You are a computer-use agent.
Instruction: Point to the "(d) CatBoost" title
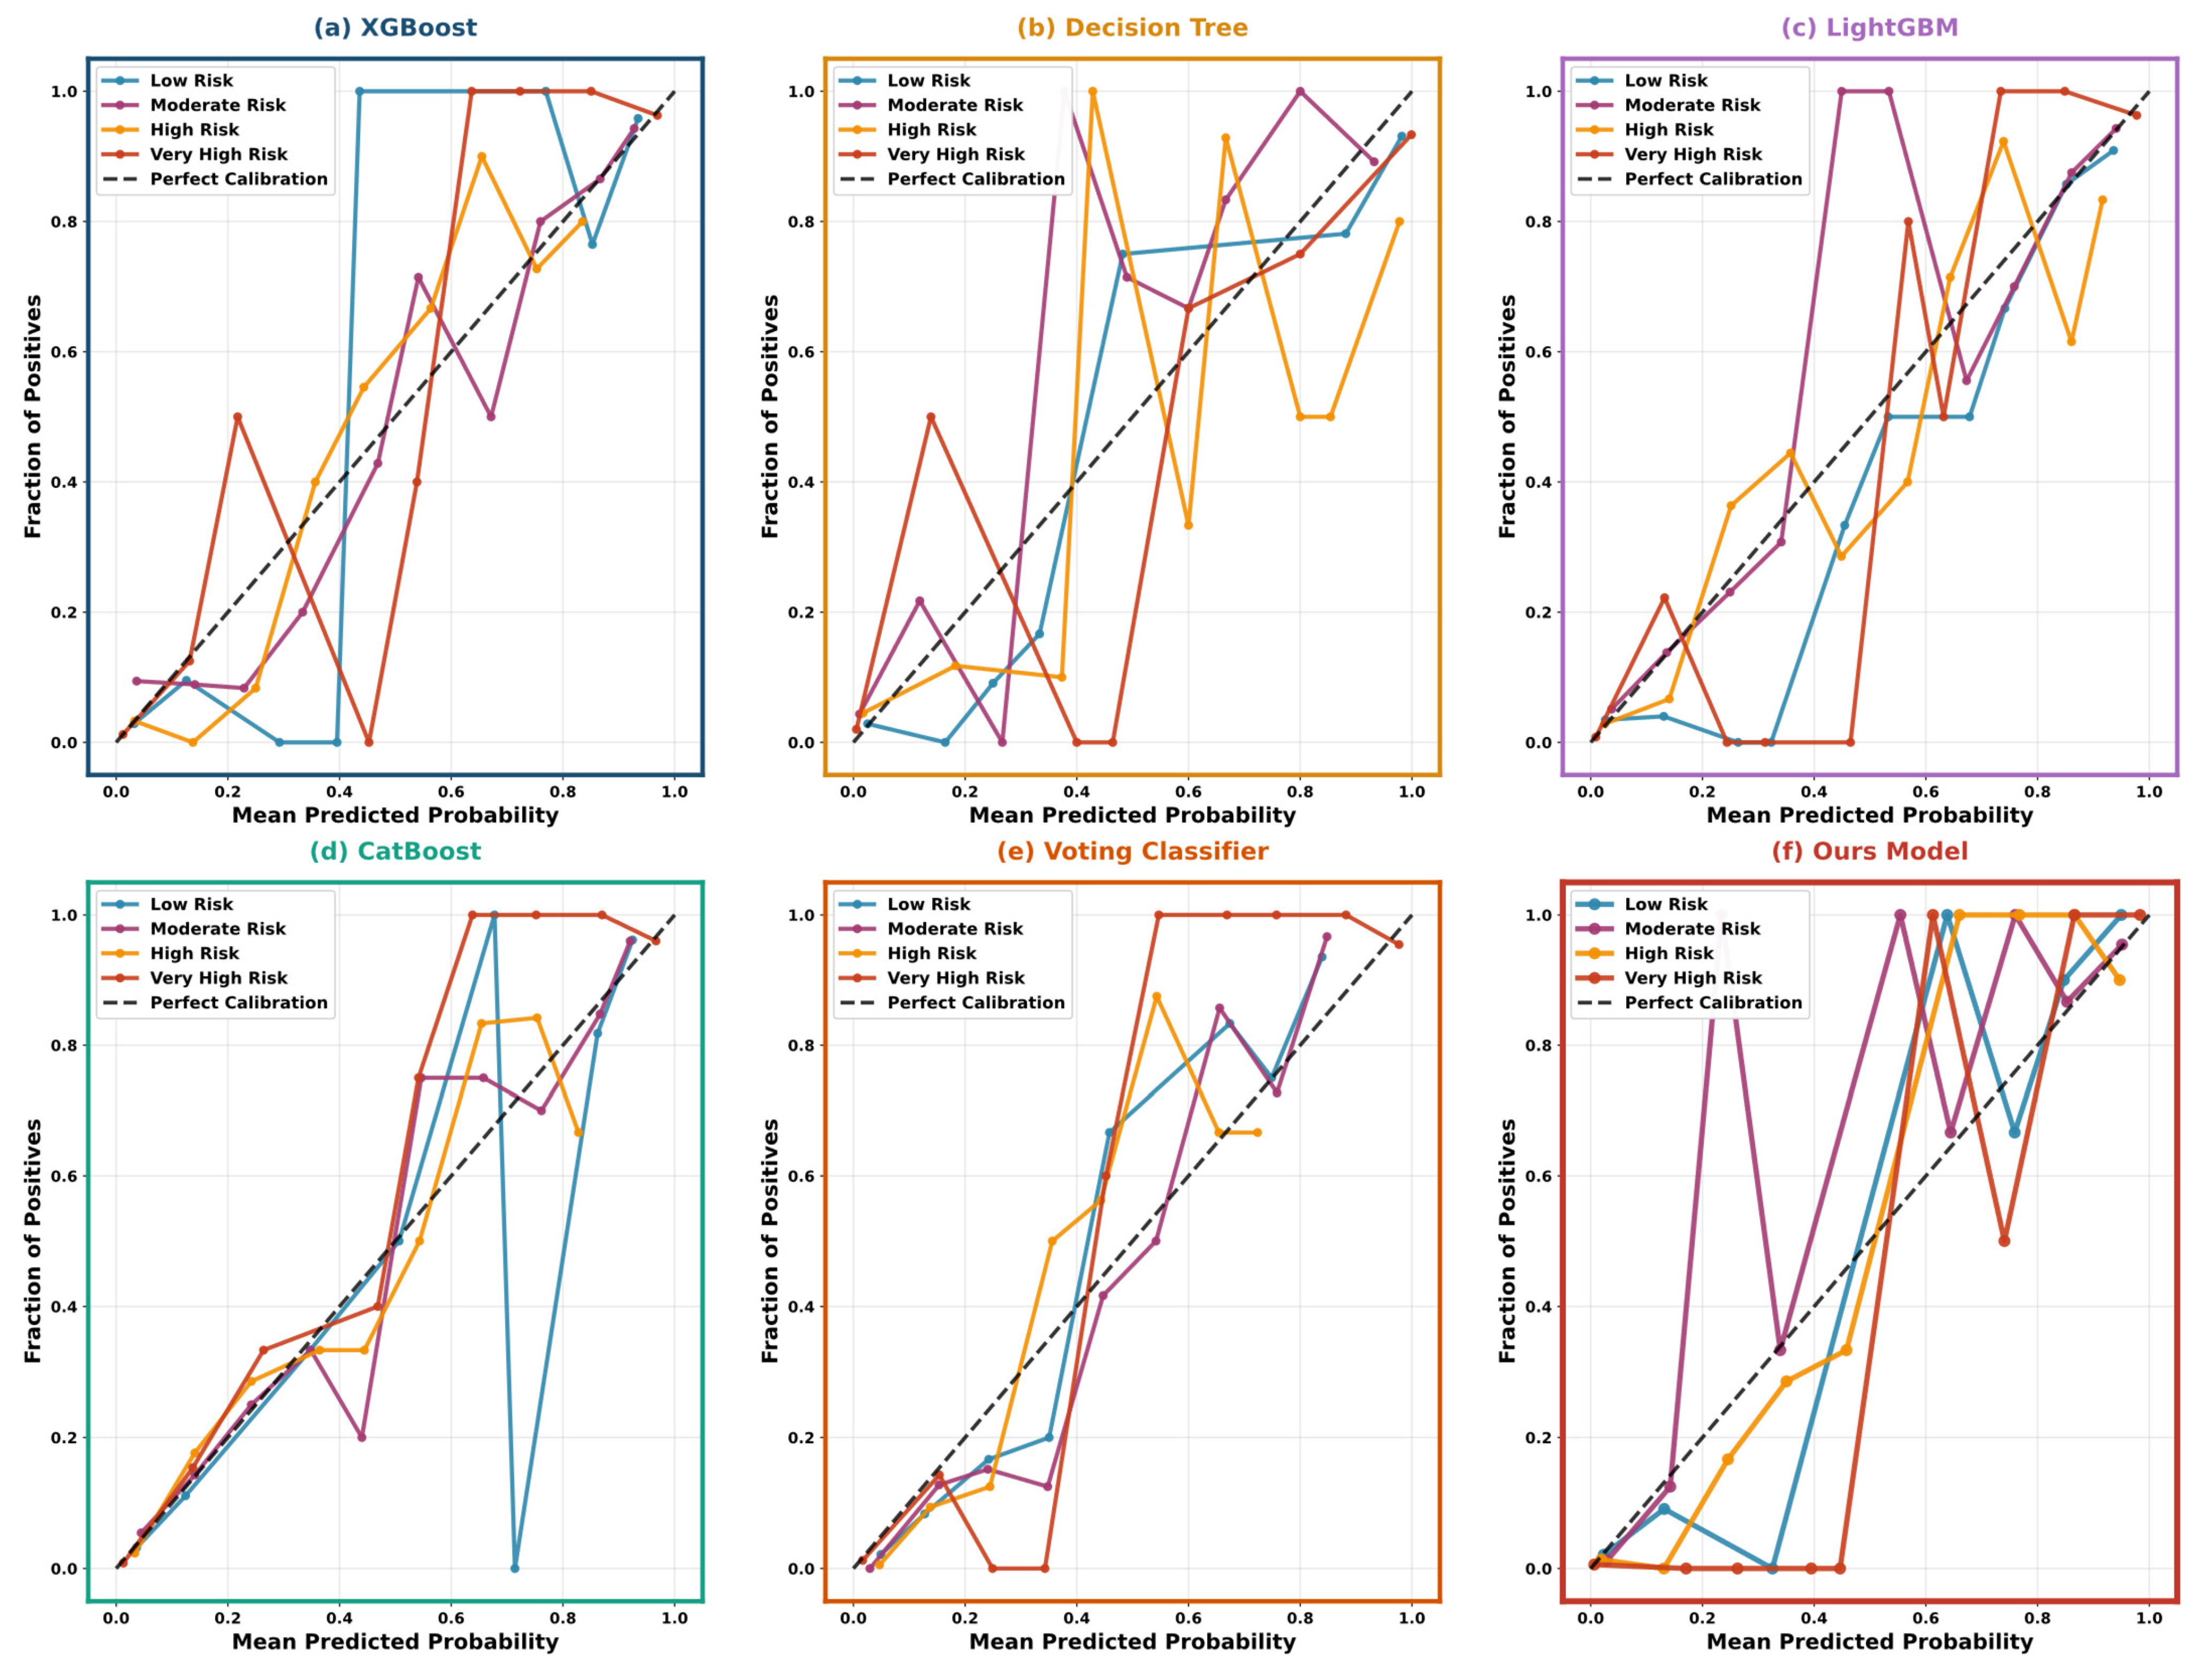pyautogui.click(x=395, y=851)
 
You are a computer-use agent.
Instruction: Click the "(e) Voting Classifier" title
pyautogui.click(x=1132, y=851)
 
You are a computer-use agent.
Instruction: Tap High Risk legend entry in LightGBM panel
pyautogui.click(x=1669, y=129)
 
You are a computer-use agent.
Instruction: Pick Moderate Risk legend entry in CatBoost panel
pyautogui.click(x=218, y=929)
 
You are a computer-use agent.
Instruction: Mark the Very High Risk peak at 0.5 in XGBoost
pyautogui.click(x=237, y=417)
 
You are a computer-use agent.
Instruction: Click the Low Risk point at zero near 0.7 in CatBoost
pyautogui.click(x=515, y=1568)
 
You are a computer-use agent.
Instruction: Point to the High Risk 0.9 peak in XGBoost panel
pyautogui.click(x=482, y=156)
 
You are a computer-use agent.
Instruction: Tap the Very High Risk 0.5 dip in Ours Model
pyautogui.click(x=2004, y=1241)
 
